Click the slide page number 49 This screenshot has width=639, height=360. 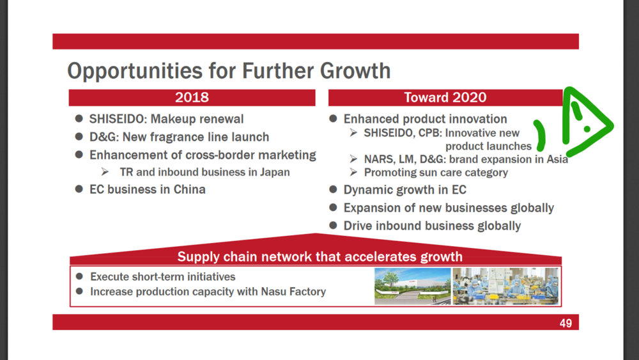click(x=566, y=324)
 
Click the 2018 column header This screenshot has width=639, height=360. click(x=192, y=97)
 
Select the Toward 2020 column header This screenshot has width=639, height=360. click(x=445, y=97)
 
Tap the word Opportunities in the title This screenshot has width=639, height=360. click(x=135, y=71)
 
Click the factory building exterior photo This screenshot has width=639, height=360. click(x=412, y=286)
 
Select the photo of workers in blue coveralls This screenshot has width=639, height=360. click(x=505, y=286)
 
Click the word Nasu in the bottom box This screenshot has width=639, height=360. click(x=273, y=292)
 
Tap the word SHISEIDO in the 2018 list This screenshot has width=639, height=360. click(x=117, y=119)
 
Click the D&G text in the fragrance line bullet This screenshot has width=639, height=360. click(x=103, y=137)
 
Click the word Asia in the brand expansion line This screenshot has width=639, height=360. click(x=557, y=159)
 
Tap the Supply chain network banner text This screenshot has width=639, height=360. click(x=320, y=257)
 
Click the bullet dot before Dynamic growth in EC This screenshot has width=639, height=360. click(x=333, y=189)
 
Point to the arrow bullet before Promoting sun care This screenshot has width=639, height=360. click(x=353, y=172)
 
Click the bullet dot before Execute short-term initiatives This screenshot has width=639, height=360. click(x=79, y=276)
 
